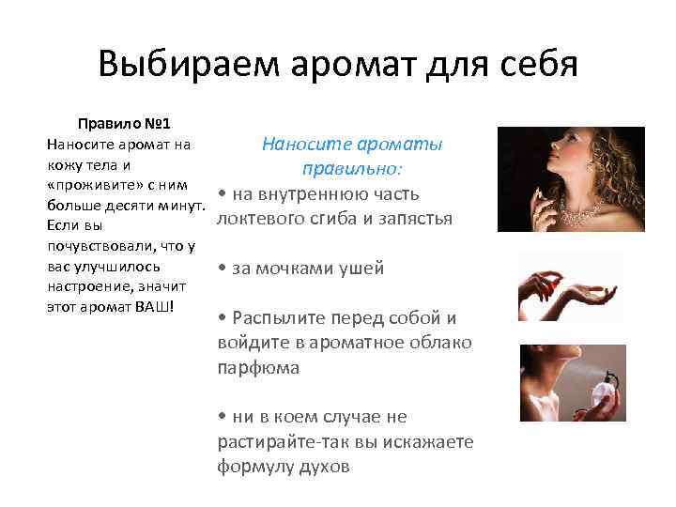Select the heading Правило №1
123,124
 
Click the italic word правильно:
352,169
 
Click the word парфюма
258,367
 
